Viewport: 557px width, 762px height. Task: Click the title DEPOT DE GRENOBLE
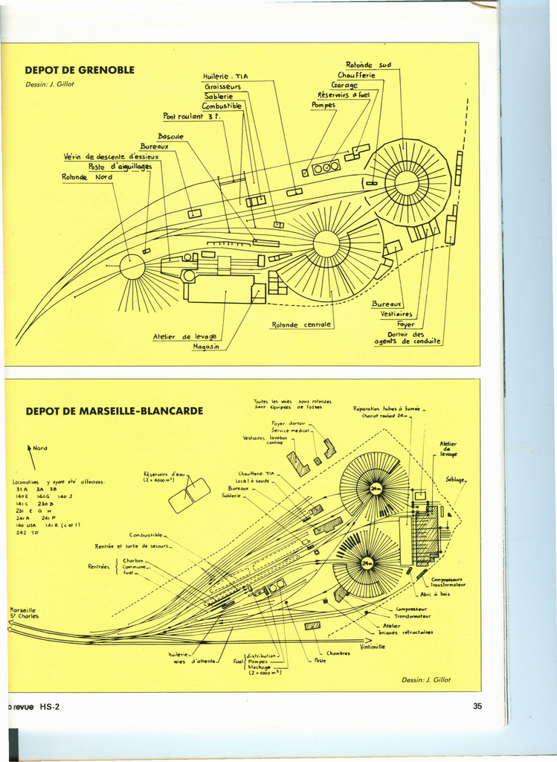coord(80,70)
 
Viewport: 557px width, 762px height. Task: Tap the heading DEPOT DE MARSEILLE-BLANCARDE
coord(114,411)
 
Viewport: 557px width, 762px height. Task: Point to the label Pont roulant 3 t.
coord(191,116)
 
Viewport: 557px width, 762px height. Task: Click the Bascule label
coord(170,136)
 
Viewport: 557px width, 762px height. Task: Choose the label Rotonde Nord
coord(87,177)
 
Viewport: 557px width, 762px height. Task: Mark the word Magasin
coord(206,348)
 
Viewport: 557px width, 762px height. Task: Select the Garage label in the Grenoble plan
coord(344,85)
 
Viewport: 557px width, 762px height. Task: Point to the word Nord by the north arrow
coord(40,448)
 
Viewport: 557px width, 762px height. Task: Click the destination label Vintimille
coord(373,647)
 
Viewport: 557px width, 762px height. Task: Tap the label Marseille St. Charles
coord(24,612)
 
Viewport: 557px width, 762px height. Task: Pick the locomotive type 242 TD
coord(27,532)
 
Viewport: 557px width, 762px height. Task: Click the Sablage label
coord(454,479)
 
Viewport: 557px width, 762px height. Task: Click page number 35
coord(477,706)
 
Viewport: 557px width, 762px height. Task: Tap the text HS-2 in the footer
coord(50,707)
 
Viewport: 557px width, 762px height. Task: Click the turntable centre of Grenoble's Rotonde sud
coord(407,182)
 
